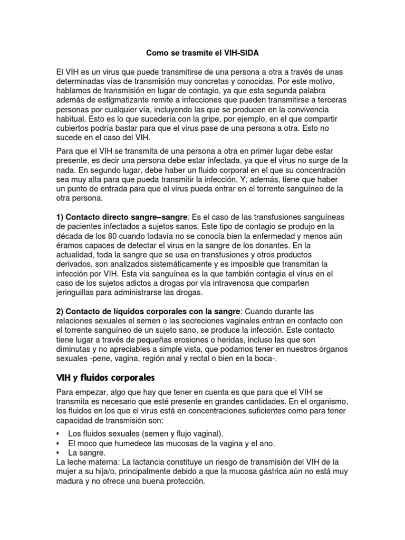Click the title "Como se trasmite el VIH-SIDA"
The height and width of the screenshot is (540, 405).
(202, 53)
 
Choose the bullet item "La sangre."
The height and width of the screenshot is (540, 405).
(87, 453)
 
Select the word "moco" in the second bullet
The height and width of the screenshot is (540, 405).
(93, 443)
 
